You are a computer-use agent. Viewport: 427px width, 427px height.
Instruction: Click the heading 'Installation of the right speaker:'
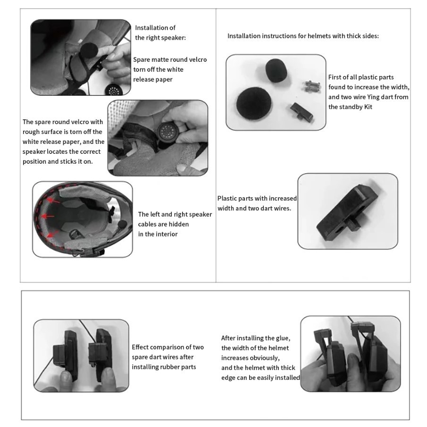pos(160,33)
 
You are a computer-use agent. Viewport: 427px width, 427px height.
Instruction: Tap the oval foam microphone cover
pos(276,70)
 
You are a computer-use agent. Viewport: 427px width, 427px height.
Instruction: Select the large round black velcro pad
pos(254,103)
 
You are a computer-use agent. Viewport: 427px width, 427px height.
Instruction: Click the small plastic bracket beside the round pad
pos(301,112)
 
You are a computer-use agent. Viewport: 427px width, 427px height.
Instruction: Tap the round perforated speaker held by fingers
pos(167,132)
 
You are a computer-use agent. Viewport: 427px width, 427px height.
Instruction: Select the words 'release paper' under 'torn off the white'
pos(153,80)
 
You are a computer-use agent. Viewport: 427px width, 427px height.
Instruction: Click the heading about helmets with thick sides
pos(303,36)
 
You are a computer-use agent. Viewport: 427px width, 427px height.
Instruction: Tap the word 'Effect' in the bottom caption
pos(140,347)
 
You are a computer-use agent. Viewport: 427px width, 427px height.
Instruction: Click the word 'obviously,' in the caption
pos(264,358)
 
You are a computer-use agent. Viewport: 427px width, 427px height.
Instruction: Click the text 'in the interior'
pos(158,234)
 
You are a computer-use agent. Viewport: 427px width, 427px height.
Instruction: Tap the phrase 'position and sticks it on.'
pos(58,161)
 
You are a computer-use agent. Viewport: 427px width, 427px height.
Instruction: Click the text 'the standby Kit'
pos(350,107)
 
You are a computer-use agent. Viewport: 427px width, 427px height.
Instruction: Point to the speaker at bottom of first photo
pos(114,90)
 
